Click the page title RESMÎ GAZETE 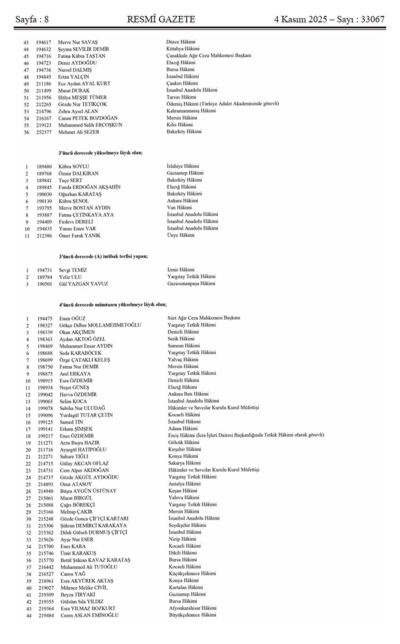pos(161,19)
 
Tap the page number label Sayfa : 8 pos(32,19)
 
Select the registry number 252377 pos(44,132)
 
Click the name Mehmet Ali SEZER pos(79,132)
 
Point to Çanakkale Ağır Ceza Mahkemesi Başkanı pos(209,56)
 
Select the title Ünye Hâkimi pos(181,235)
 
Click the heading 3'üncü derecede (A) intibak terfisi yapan pos(103,257)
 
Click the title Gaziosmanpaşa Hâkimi pos(191,284)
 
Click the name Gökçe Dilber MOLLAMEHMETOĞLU pos(100,325)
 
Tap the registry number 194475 pos(44,318)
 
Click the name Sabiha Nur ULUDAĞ pos(82,408)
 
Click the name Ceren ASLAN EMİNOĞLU pos(89,615)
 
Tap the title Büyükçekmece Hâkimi pos(192,615)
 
